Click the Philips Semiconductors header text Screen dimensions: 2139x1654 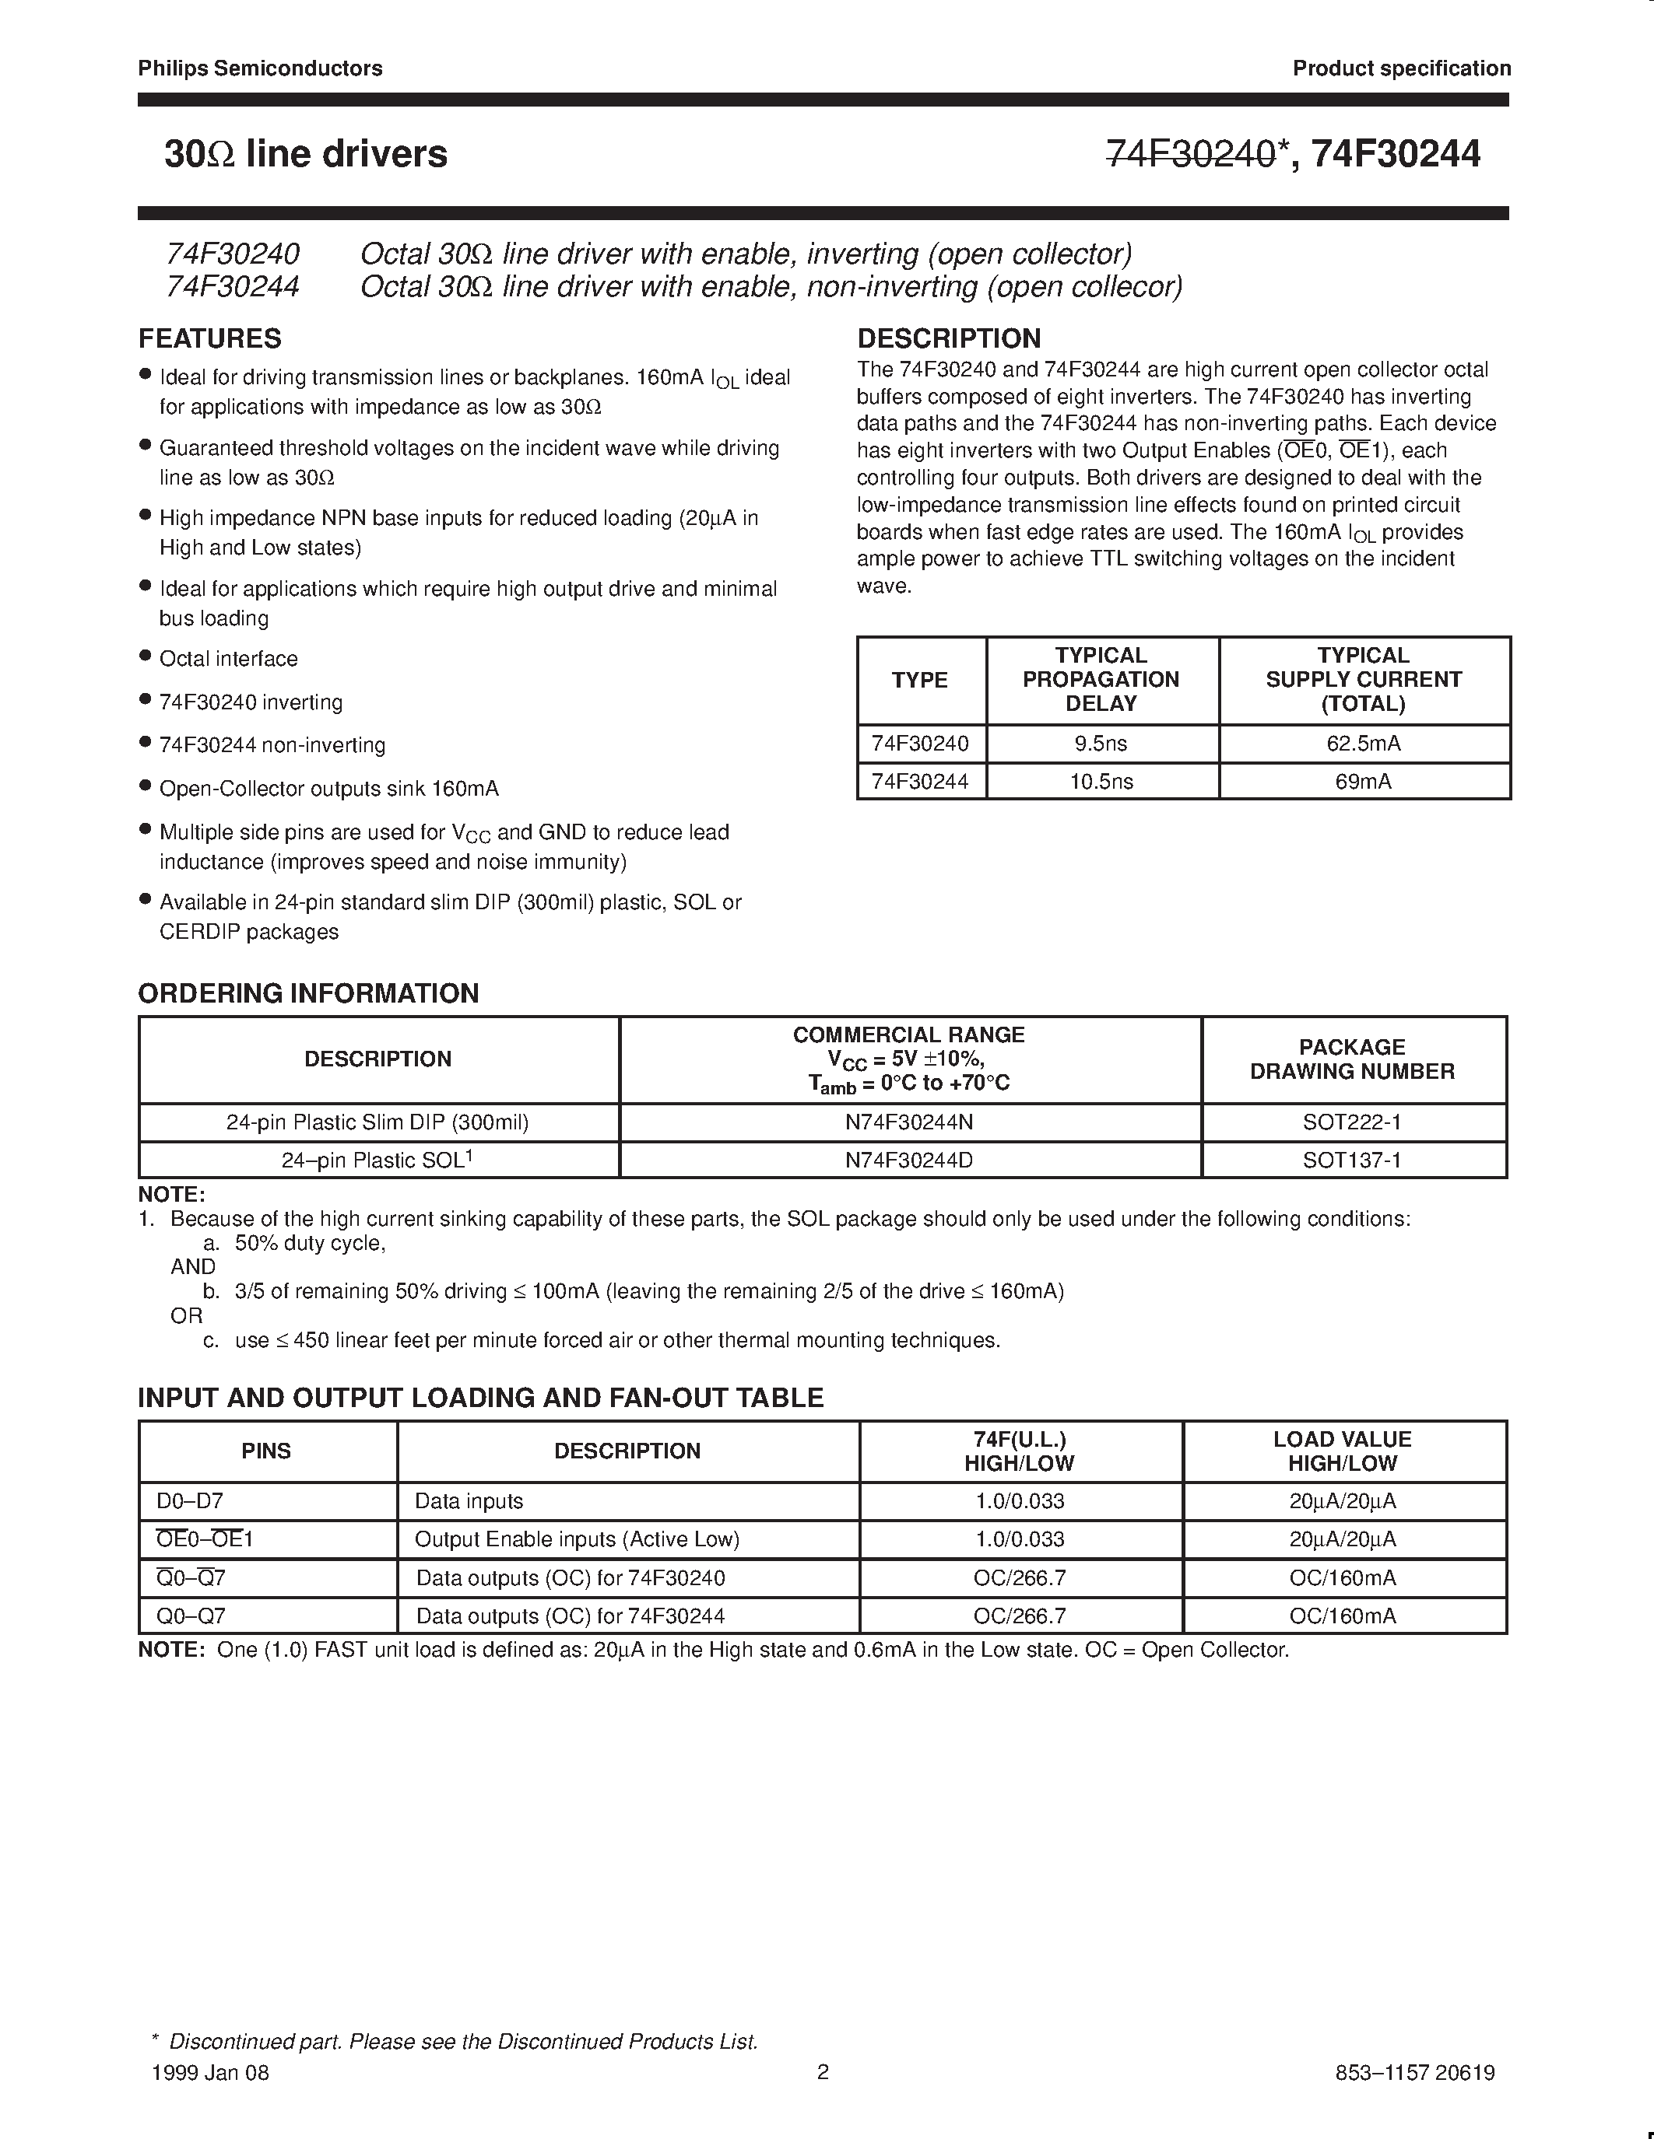[260, 68]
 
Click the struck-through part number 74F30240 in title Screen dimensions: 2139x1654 [1191, 154]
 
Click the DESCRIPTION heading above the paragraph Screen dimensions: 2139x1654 [949, 339]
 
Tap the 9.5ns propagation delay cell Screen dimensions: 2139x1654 [1101, 744]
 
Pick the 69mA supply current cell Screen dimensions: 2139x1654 [1363, 782]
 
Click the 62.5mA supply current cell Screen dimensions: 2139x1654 [1363, 744]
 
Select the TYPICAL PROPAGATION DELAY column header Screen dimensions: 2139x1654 [1101, 679]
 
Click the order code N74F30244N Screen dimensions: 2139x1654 [908, 1122]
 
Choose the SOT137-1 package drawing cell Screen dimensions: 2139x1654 [1351, 1161]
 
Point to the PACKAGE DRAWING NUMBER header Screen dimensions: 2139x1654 [1351, 1059]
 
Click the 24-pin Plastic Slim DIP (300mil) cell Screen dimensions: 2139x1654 [378, 1122]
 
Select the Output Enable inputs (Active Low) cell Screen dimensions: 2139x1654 [576, 1539]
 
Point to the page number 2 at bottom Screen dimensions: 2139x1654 [823, 2071]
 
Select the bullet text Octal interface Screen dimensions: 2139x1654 [228, 659]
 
